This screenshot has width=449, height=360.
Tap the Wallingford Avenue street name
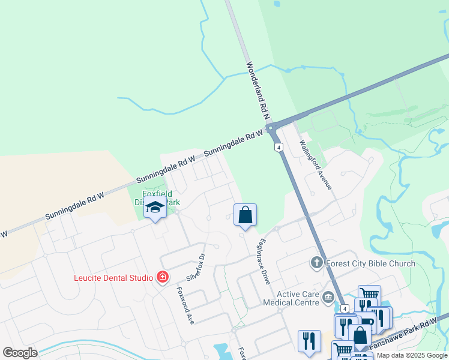click(316, 164)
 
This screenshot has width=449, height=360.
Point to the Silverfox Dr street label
click(196, 263)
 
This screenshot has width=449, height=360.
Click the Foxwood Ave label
click(185, 305)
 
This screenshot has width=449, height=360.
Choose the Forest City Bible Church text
click(370, 263)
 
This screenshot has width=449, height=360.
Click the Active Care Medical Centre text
click(291, 298)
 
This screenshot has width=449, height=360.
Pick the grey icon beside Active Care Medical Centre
click(328, 297)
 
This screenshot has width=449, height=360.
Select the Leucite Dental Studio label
click(113, 277)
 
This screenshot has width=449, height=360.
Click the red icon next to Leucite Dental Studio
click(161, 277)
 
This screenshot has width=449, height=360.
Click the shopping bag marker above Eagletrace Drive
click(245, 215)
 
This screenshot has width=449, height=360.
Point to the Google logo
click(20, 352)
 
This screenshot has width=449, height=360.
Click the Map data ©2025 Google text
click(412, 355)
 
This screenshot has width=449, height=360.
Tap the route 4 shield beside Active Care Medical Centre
click(345, 308)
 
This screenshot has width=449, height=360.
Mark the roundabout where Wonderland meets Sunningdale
click(271, 127)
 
